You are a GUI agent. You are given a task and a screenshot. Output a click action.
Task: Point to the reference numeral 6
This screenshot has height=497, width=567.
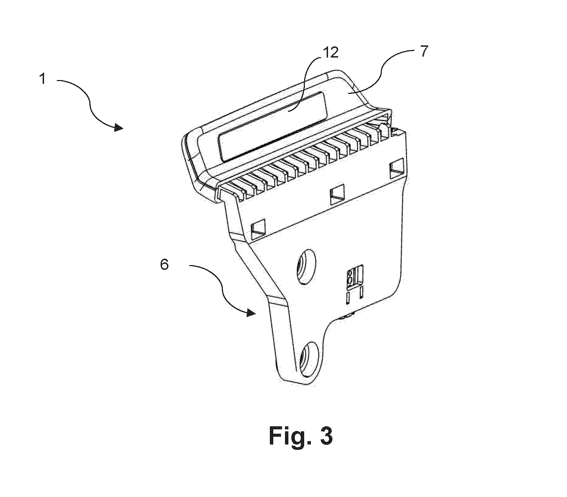pyautogui.click(x=164, y=265)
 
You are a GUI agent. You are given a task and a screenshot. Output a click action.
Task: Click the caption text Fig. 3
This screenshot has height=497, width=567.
pyautogui.click(x=300, y=436)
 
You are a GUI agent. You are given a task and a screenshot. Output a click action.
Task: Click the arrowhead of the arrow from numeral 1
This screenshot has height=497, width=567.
pyautogui.click(x=119, y=128)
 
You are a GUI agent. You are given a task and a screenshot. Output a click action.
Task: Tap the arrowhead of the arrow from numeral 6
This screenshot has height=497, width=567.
pyautogui.click(x=250, y=313)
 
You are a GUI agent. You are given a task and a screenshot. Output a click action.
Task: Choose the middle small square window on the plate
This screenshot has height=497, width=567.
pyautogui.click(x=337, y=196)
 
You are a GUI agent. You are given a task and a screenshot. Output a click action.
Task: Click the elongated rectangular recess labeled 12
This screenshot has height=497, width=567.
pyautogui.click(x=273, y=126)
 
